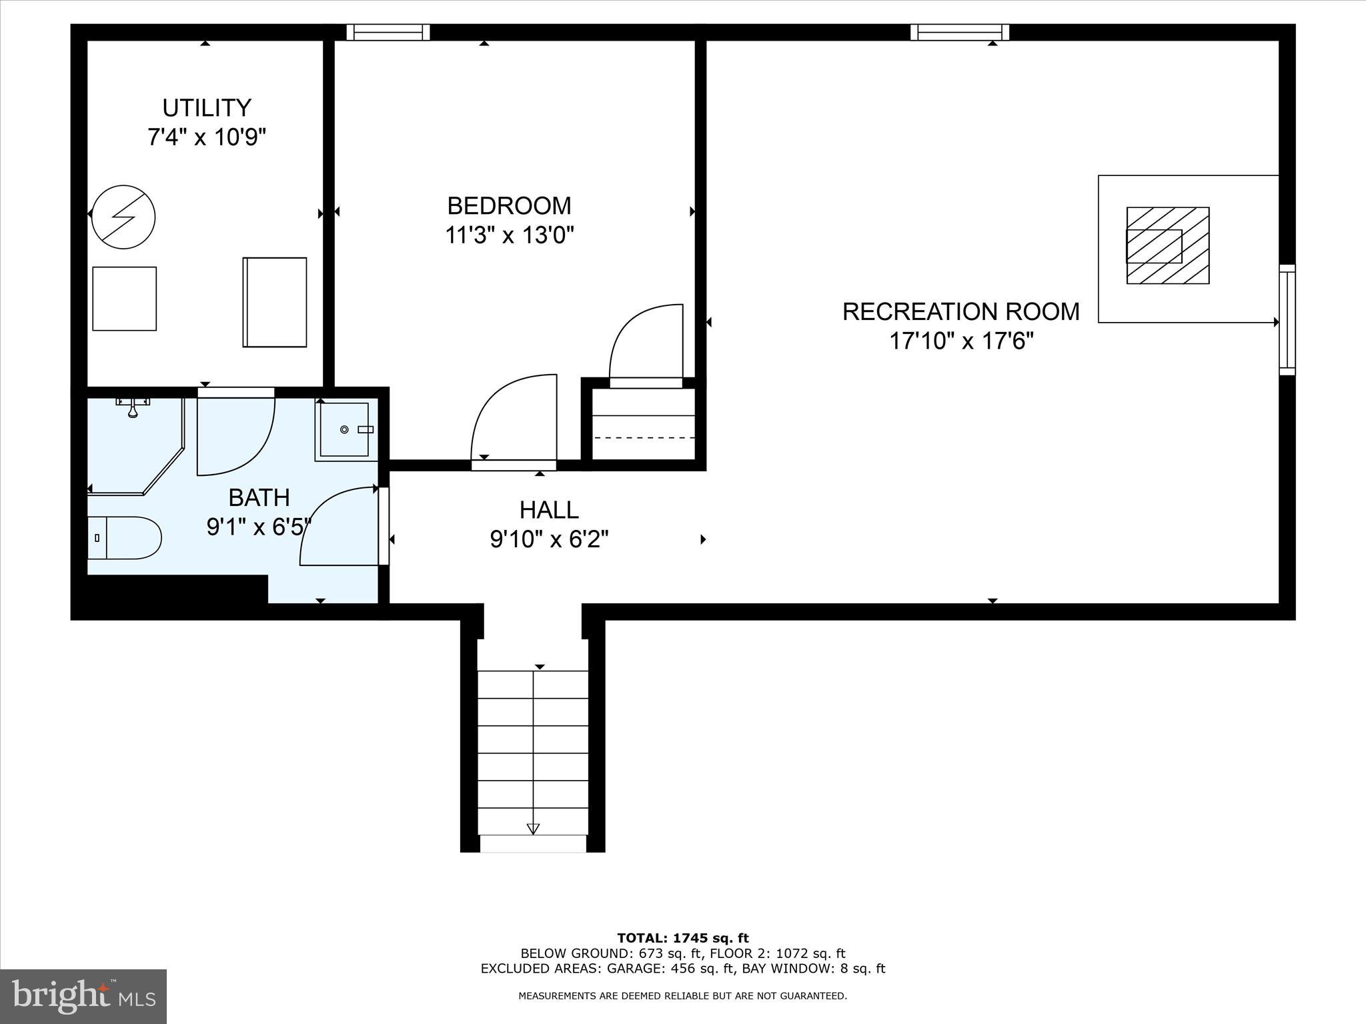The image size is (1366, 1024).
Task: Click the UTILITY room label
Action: tap(207, 108)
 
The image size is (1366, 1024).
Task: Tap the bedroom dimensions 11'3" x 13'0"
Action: tap(510, 235)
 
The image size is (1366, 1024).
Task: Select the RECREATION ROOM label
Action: tap(960, 312)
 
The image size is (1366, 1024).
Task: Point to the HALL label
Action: tap(549, 510)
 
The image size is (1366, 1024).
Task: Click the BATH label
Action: tap(259, 497)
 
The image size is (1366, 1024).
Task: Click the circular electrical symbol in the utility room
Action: tap(123, 217)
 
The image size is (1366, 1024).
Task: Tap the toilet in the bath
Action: tap(125, 537)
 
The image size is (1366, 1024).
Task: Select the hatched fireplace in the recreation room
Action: tap(1168, 245)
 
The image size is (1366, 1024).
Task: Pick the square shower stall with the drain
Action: tap(345, 430)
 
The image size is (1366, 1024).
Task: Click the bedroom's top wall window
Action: tap(388, 32)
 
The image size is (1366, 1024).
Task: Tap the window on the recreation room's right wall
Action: tap(1287, 320)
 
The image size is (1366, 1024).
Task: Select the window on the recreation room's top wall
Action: tap(960, 32)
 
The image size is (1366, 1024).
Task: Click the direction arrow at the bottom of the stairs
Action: tap(533, 829)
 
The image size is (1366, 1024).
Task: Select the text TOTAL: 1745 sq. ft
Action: tap(683, 939)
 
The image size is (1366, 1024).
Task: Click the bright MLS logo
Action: tap(83, 996)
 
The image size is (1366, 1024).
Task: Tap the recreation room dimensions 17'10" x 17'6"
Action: tap(961, 341)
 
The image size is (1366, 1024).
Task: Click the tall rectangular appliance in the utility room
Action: tap(275, 302)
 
